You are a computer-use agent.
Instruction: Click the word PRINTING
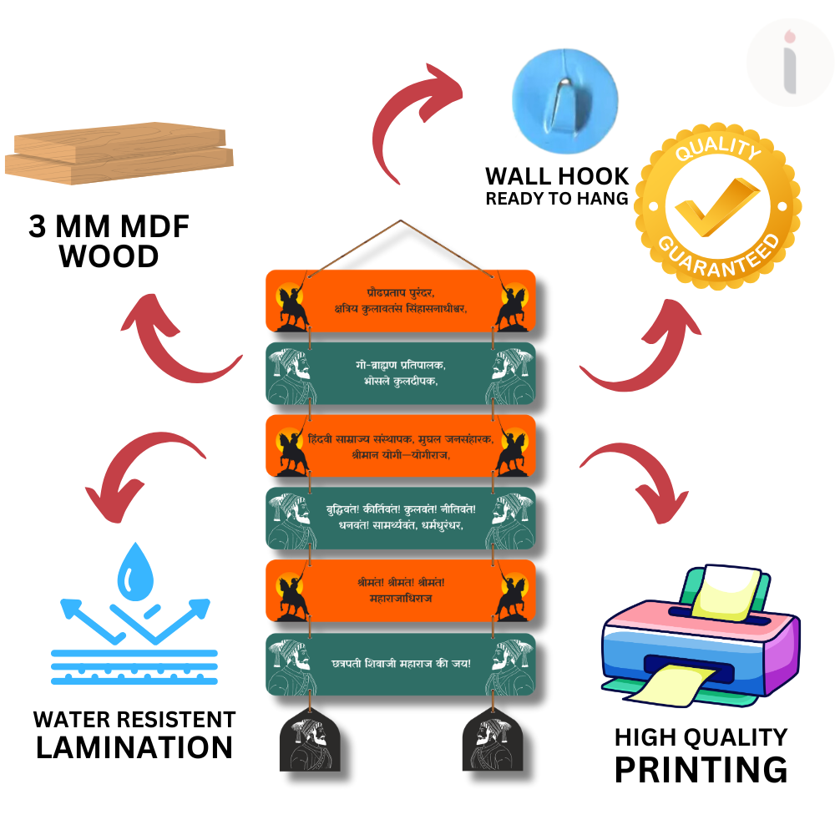701,769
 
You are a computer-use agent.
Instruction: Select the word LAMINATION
134,747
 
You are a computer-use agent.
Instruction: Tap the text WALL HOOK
557,176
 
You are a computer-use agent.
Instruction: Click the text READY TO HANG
557,199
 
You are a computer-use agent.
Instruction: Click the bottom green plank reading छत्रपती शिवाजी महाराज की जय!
401,664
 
